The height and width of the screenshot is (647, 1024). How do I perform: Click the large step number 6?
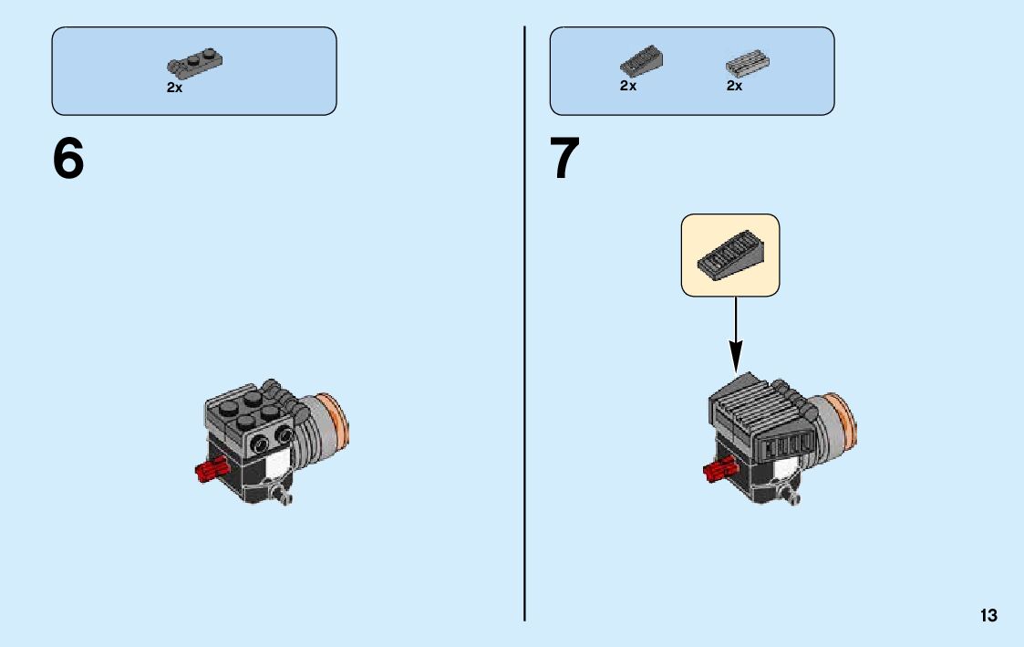click(x=68, y=160)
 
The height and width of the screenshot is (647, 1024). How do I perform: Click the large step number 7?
click(x=564, y=160)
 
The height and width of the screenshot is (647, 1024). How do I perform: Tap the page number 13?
click(x=988, y=616)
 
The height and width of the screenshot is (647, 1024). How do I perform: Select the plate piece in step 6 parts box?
click(x=196, y=62)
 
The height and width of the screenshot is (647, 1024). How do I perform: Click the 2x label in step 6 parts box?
click(x=174, y=89)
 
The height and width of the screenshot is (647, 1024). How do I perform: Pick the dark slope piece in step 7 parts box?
click(x=641, y=61)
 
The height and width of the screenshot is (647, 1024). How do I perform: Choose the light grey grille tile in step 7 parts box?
click(x=747, y=62)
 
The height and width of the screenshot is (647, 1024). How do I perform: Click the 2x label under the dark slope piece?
click(x=628, y=86)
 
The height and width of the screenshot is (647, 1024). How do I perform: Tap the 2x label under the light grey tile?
click(x=734, y=86)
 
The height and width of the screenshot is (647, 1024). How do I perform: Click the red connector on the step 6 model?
click(x=211, y=471)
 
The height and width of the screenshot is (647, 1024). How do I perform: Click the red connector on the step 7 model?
click(x=719, y=471)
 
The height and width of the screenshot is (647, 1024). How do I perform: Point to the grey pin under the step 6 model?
click(x=285, y=497)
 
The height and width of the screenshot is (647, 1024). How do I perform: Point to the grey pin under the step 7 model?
click(x=794, y=497)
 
